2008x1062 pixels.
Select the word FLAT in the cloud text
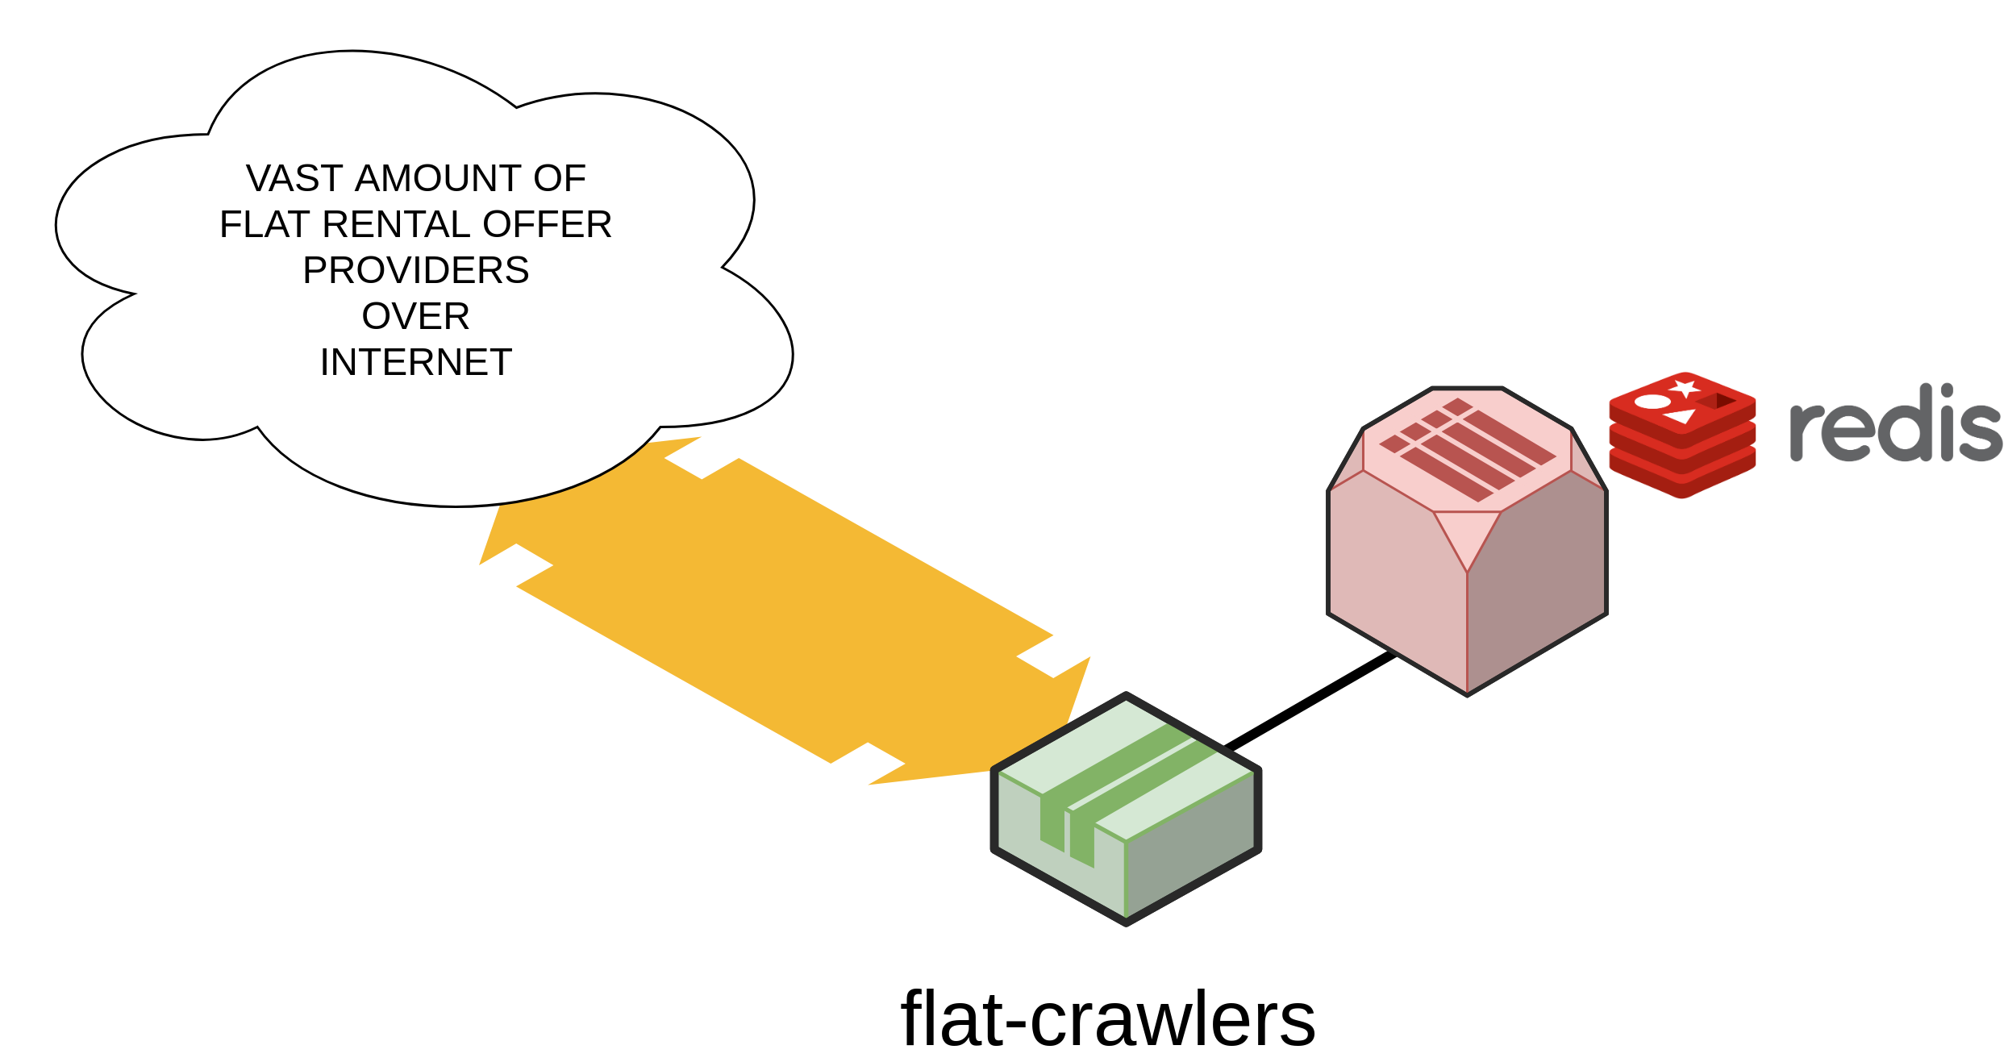(x=265, y=224)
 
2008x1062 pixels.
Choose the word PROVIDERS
(x=415, y=270)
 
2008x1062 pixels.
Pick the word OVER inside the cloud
(x=415, y=316)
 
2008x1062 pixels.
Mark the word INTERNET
(x=415, y=362)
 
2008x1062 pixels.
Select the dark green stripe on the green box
(x=1129, y=774)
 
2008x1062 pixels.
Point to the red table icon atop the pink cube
(x=1468, y=448)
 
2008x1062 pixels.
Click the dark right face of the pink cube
(x=1536, y=581)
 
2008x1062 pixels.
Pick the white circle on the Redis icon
(x=1652, y=402)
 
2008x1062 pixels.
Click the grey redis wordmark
(x=1895, y=427)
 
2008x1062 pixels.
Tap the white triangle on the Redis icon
(x=1682, y=417)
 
